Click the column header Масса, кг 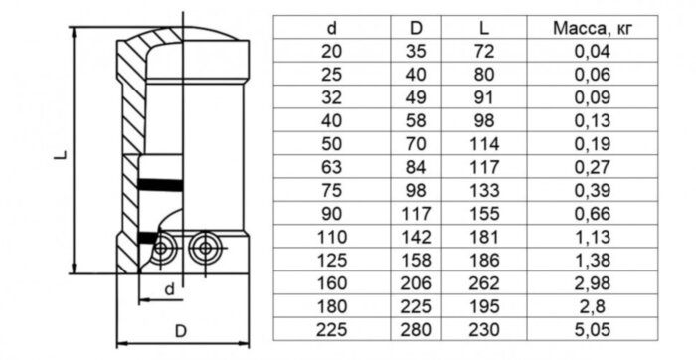tap(593, 29)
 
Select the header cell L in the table tap(484, 29)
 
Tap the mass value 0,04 tap(593, 52)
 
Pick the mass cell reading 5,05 tap(593, 330)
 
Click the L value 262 tap(484, 283)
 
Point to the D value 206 tap(416, 283)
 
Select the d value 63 tap(331, 167)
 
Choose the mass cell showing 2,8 tap(593, 306)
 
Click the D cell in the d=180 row tap(416, 306)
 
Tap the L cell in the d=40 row tap(484, 120)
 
